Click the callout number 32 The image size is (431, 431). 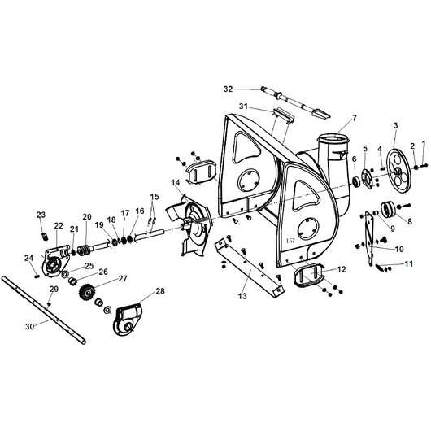tap(229, 89)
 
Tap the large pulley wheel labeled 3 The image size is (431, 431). tap(398, 172)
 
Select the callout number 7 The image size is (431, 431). tap(355, 118)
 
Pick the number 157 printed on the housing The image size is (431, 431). tap(290, 241)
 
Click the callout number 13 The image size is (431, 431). tap(242, 296)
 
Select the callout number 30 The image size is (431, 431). tap(30, 327)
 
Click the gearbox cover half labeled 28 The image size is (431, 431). tap(128, 320)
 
